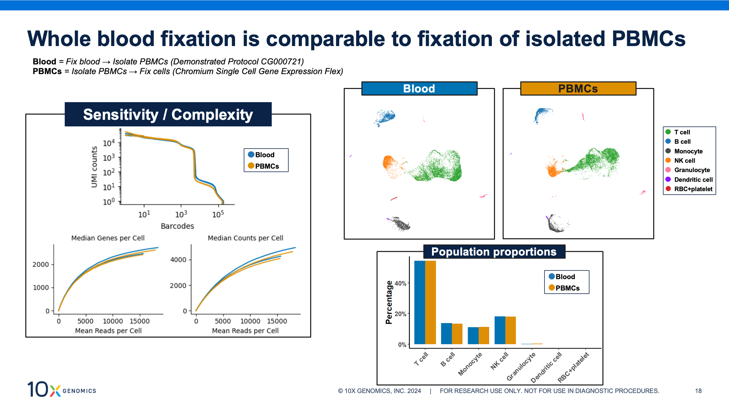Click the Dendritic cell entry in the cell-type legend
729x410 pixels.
(693, 179)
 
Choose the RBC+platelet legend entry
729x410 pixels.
(693, 189)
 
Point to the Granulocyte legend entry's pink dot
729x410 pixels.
(668, 170)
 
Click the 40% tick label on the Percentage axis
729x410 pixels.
(400, 283)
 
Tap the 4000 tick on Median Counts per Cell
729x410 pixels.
(178, 259)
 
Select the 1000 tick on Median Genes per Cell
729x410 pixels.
(40, 287)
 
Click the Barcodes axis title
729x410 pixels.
(177, 226)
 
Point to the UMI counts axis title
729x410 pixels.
(94, 167)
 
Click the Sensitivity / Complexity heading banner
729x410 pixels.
(168, 115)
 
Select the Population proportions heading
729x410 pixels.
(494, 252)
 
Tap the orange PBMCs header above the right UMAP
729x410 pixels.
(578, 89)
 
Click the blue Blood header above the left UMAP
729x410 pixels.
(419, 89)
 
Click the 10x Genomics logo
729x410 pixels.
(62, 389)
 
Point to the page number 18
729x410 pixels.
(698, 391)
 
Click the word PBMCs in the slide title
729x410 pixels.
(648, 38)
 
